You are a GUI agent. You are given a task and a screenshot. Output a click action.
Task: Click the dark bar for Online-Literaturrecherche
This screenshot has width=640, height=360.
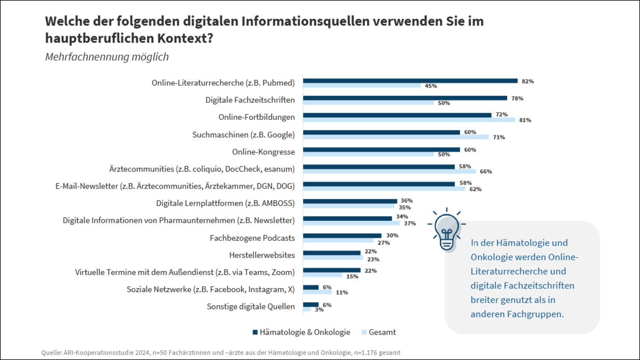[x=410, y=81]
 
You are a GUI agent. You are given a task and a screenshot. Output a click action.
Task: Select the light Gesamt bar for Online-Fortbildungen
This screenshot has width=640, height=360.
[x=409, y=120]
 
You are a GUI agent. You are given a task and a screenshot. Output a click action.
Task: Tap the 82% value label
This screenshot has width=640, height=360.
[x=528, y=81]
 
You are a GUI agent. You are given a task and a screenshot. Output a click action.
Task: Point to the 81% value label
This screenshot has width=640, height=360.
[x=525, y=120]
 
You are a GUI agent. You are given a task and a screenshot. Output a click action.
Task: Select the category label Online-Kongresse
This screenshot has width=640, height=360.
[x=263, y=152]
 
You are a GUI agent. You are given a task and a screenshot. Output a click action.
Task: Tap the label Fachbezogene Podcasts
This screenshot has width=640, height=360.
[x=252, y=238]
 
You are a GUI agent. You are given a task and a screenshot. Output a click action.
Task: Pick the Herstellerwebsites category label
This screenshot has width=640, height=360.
[x=262, y=255]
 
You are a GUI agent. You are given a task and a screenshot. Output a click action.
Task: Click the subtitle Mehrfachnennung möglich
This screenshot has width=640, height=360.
[x=107, y=57]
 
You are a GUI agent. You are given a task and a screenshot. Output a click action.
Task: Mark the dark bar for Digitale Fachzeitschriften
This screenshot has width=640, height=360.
[x=405, y=98]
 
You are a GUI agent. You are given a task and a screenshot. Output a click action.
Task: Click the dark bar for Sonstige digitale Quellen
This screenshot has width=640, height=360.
[x=311, y=305]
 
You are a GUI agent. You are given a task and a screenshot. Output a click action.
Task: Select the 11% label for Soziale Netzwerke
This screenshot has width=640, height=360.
[x=342, y=293]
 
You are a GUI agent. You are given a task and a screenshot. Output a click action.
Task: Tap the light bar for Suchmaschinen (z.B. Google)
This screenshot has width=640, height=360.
[x=396, y=137]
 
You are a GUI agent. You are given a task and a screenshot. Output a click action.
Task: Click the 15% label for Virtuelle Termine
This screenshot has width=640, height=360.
[x=352, y=277]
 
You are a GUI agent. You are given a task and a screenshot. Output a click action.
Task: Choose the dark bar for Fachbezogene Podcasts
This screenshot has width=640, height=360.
[x=342, y=236]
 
